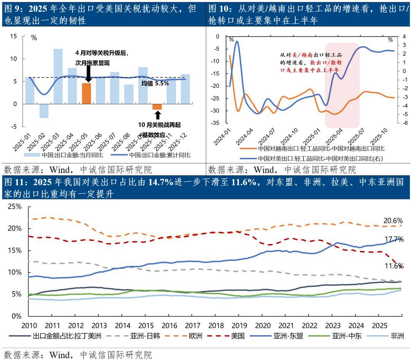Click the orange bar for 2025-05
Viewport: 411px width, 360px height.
pos(86,93)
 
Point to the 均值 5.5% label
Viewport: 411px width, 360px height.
pos(155,83)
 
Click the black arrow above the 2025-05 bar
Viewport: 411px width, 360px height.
pos(88,74)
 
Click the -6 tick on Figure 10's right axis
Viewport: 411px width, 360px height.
pos(405,123)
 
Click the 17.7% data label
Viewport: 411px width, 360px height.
pos(393,239)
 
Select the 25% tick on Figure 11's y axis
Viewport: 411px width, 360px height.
pos(15,206)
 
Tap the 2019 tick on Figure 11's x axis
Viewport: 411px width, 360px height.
pos(239,326)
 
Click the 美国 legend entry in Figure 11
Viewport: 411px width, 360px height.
pos(236,336)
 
